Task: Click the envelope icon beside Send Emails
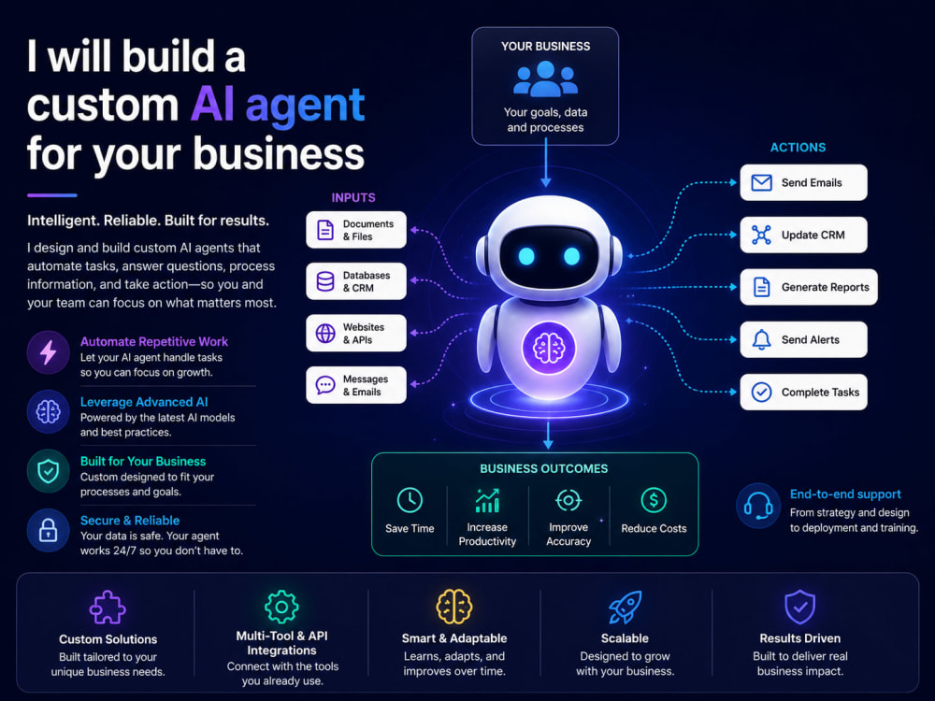761,182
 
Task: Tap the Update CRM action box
803,235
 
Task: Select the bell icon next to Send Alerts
761,340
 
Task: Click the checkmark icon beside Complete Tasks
761,393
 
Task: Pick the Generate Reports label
826,287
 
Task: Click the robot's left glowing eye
526,256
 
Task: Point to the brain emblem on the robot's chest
549,348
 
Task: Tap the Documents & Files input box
356,230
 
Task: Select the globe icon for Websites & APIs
325,334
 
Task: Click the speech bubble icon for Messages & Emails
325,385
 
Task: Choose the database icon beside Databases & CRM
325,281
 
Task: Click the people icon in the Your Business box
546,79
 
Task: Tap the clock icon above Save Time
410,500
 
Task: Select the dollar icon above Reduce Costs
654,500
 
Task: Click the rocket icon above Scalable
625,607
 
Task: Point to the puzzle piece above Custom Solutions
108,608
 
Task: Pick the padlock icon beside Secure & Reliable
49,530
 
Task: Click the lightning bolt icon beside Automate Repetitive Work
49,352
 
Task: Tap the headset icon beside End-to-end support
758,506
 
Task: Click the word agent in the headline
305,107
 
